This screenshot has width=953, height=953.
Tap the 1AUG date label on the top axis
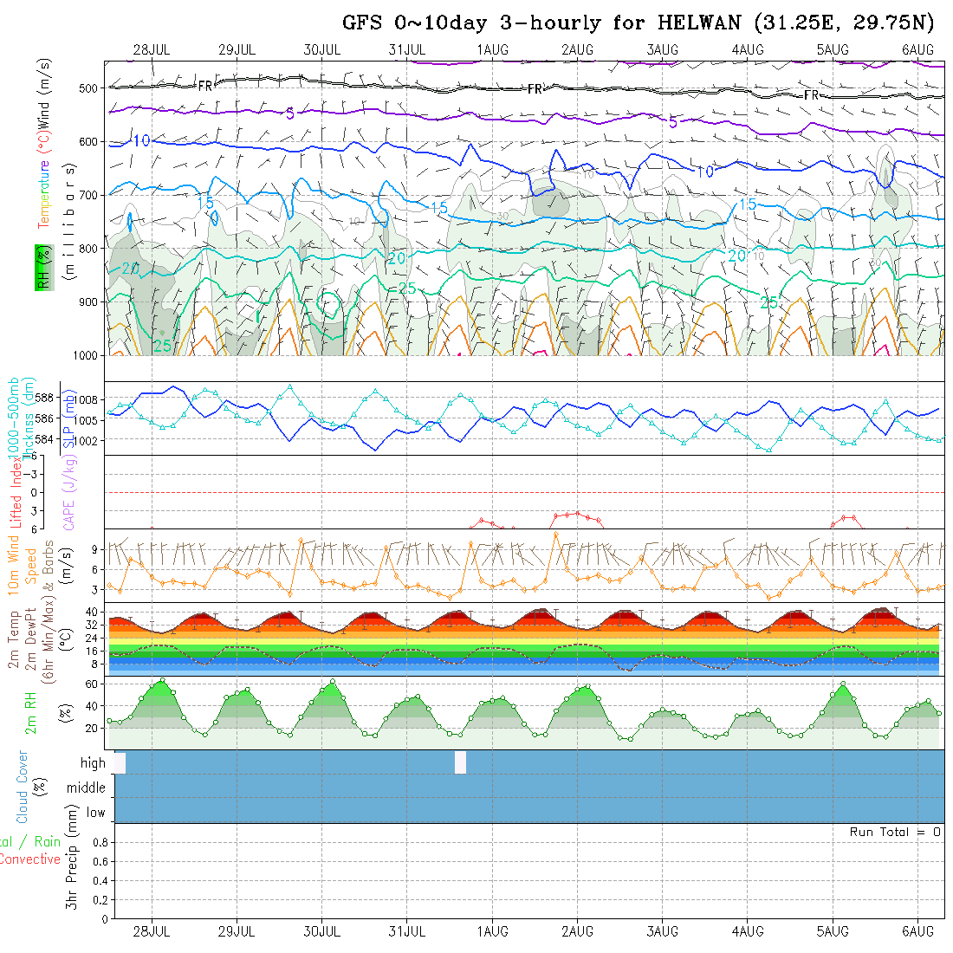pos(492,49)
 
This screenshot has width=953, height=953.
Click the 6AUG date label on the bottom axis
pos(917,931)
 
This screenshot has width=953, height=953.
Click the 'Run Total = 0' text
pos(895,832)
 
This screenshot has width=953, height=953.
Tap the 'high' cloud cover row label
pos(93,763)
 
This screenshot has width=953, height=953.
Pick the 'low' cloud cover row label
pos(95,813)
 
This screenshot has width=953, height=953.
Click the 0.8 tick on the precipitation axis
pos(99,842)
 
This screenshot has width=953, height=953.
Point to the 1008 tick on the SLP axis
pos(89,399)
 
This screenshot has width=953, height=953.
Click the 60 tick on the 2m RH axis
pos(88,684)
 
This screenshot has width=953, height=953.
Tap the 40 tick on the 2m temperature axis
pos(89,611)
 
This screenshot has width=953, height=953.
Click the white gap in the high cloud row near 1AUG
pos(460,762)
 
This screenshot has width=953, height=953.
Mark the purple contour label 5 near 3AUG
pos(673,122)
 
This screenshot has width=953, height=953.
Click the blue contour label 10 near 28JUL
pos(141,141)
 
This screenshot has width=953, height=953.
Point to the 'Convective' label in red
pos(29,859)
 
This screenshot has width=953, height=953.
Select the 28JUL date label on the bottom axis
pos(152,931)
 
